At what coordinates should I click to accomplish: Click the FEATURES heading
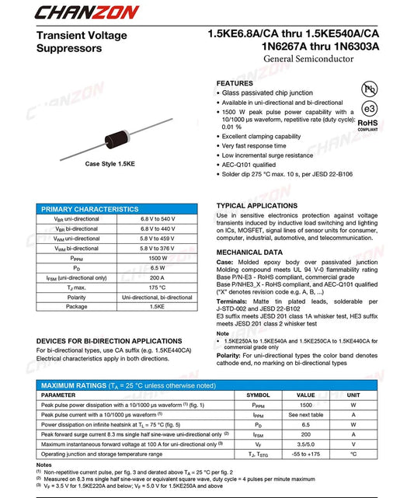pyautogui.click(x=235, y=83)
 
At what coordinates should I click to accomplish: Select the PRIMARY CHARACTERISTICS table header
pyautogui.click(x=89, y=209)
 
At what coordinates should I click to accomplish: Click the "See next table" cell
pyautogui.click(x=306, y=415)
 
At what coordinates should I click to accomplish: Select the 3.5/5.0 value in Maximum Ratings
pyautogui.click(x=306, y=444)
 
